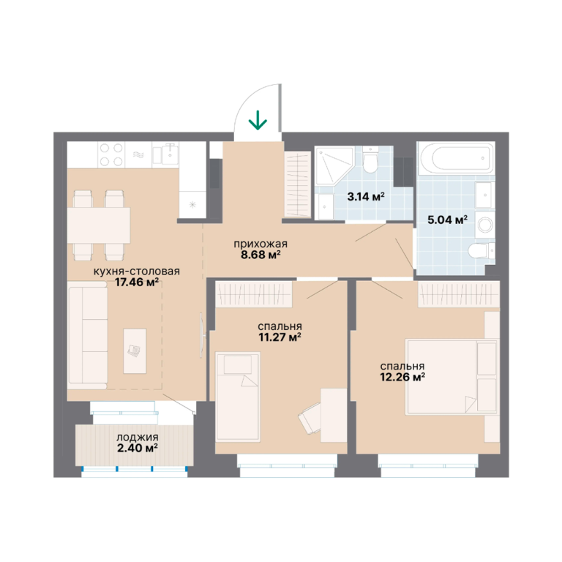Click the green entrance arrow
click(x=258, y=120)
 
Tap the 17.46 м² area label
click(x=137, y=282)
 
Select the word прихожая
click(x=261, y=244)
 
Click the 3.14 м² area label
click(x=366, y=196)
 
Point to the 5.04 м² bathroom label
click(x=447, y=220)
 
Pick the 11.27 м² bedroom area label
click(x=280, y=337)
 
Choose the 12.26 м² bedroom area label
click(x=402, y=377)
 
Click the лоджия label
click(x=138, y=438)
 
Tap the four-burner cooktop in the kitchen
click(x=111, y=155)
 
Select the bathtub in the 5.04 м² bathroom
click(x=456, y=158)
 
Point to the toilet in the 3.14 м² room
click(x=370, y=160)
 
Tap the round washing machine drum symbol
click(x=484, y=225)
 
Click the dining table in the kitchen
click(x=99, y=226)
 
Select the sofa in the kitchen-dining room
click(x=88, y=335)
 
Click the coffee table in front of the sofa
click(x=135, y=351)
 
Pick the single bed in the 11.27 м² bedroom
click(x=238, y=396)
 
